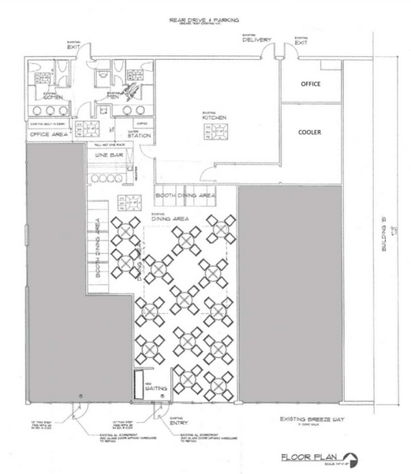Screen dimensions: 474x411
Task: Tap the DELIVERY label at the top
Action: pos(257,40)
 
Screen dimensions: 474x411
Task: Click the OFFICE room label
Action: pos(311,83)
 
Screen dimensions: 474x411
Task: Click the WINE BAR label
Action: pos(109,156)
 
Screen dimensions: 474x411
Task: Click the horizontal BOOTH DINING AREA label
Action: pos(185,194)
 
